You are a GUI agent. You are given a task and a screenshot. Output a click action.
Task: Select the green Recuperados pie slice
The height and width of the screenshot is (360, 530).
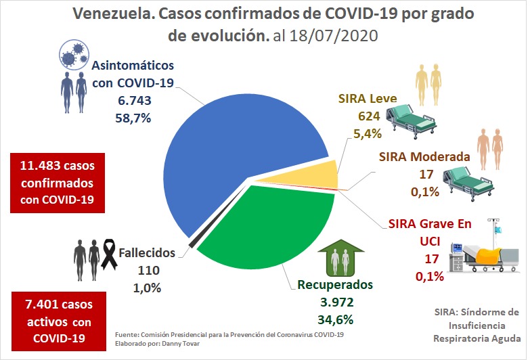pyautogui.click(x=278, y=230)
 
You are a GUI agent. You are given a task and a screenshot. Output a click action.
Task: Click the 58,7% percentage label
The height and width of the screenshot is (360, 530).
pyautogui.click(x=133, y=117)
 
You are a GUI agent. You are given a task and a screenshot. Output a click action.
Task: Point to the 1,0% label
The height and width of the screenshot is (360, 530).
pyautogui.click(x=147, y=287)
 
